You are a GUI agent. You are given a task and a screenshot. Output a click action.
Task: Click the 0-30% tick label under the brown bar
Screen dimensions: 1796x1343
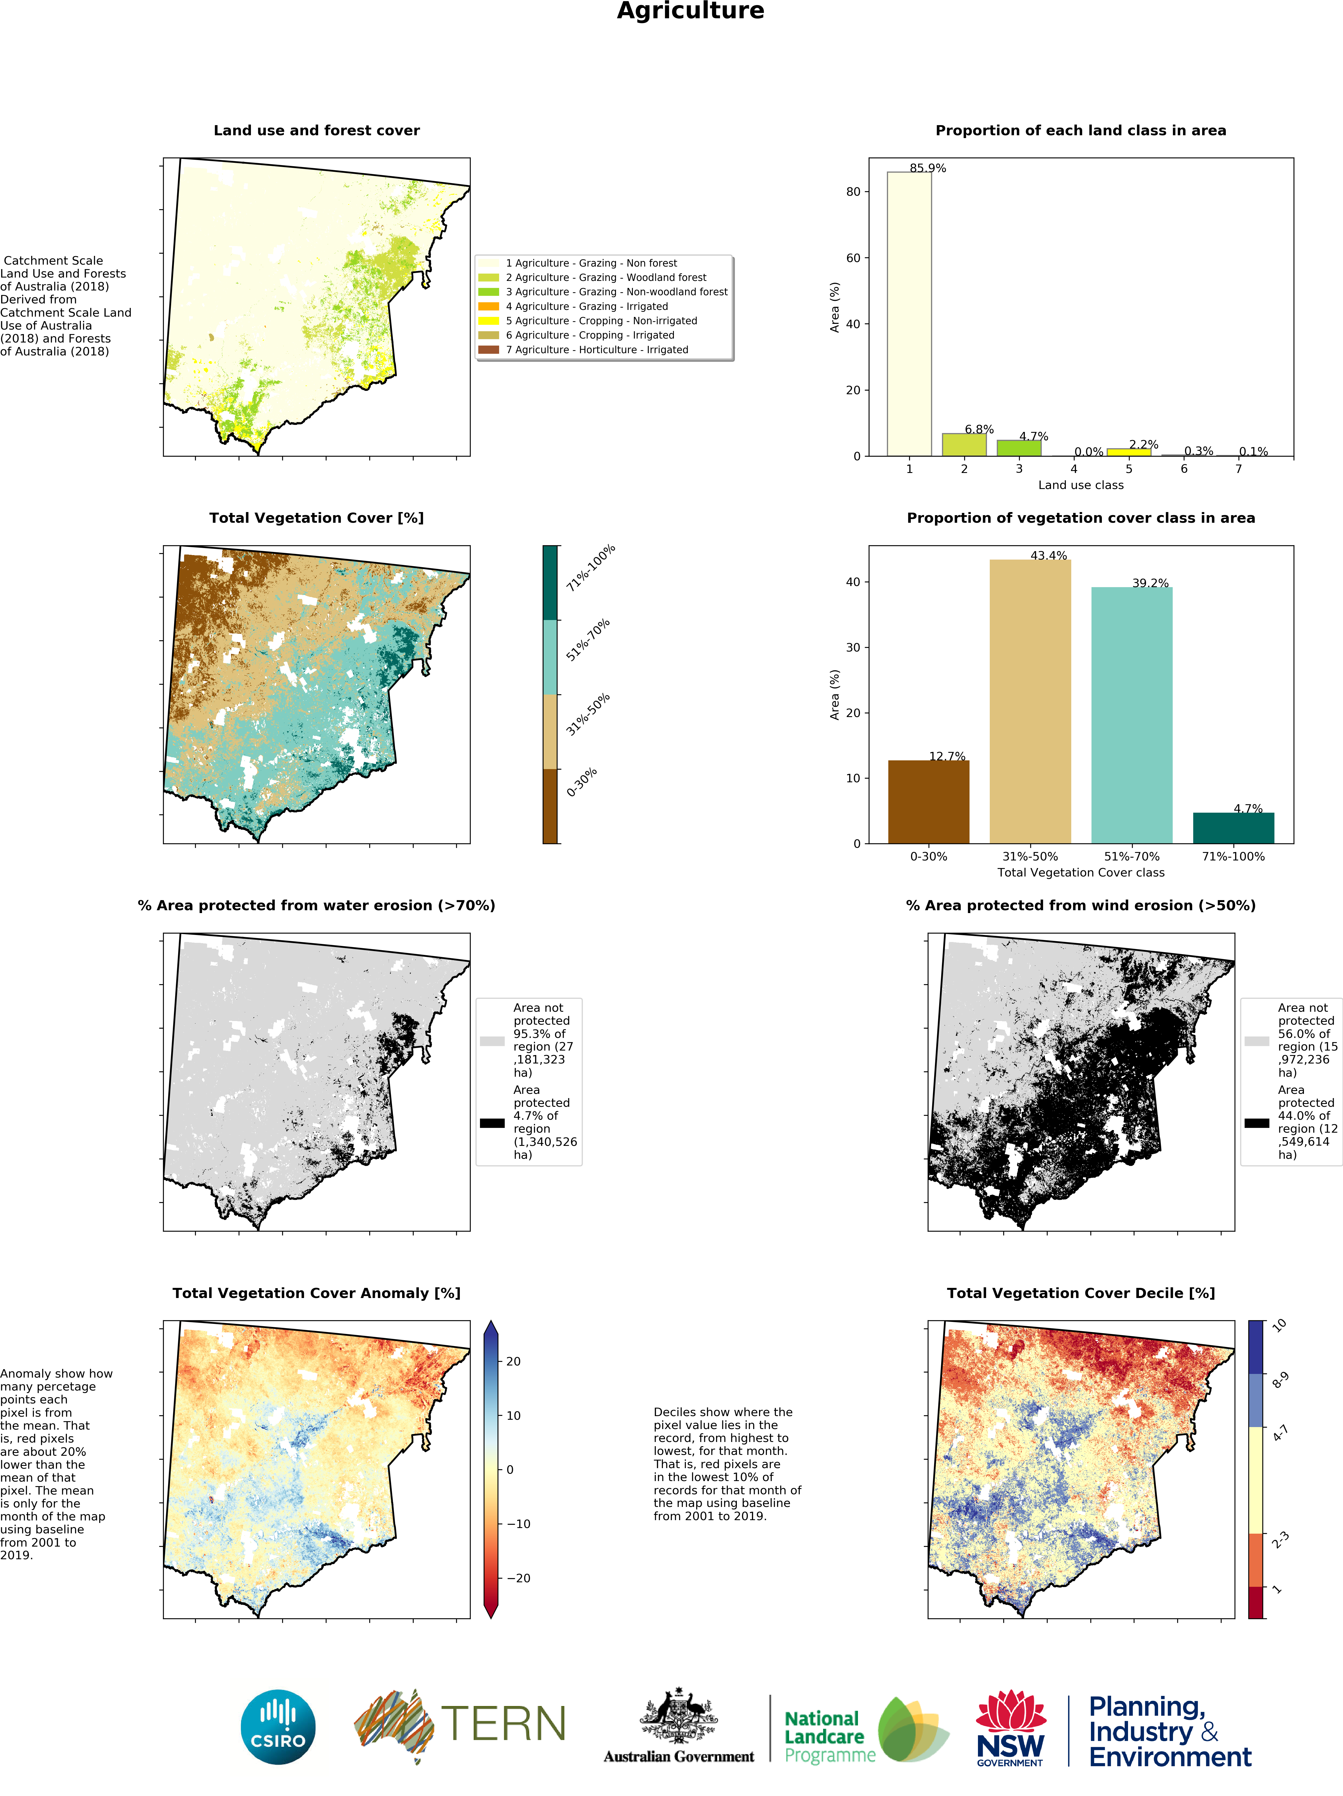point(928,857)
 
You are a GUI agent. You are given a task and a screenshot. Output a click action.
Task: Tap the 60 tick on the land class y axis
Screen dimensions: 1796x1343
point(853,258)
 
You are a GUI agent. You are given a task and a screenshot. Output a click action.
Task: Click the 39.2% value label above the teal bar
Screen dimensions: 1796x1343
point(1150,583)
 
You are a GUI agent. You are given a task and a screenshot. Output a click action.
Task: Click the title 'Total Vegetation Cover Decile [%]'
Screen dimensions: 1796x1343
point(1080,1294)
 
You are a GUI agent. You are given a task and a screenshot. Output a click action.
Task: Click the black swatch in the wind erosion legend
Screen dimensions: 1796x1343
point(1256,1123)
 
